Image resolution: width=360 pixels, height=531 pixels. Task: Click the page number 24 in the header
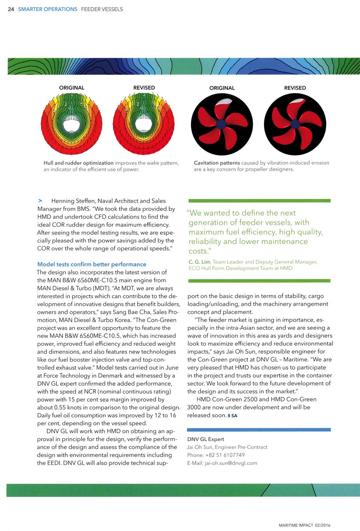coord(11,9)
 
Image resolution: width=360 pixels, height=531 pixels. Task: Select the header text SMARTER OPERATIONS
coord(48,9)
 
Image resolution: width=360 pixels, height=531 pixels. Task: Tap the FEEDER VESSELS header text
coord(102,9)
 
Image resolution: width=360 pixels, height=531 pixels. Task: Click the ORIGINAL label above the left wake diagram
coord(72,88)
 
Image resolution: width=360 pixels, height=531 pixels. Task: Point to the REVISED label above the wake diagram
coord(144,88)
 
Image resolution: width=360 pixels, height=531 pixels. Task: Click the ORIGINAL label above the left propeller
coord(222,88)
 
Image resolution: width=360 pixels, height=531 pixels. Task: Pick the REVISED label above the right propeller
coord(295,88)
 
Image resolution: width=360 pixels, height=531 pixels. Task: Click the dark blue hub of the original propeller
coord(222,124)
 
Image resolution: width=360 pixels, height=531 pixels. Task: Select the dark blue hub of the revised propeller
coord(295,124)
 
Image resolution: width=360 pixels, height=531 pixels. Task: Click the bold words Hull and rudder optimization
coord(78,163)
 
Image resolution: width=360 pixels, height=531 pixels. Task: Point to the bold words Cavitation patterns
coord(217,163)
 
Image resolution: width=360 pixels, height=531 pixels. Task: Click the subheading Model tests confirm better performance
coord(92,264)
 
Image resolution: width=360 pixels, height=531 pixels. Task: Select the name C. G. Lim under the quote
coord(199,262)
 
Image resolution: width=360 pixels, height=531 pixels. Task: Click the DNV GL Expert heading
coord(206,439)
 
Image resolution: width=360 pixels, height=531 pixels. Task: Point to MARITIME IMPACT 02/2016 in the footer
coord(304,525)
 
